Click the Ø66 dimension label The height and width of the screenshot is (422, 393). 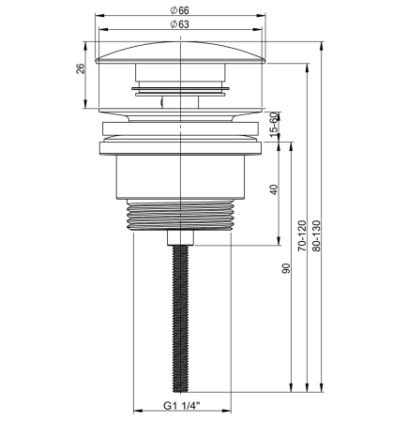(180, 10)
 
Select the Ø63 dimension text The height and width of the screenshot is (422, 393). (180, 24)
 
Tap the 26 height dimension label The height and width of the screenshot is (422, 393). (81, 68)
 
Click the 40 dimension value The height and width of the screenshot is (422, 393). (274, 189)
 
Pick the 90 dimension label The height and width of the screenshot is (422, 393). (286, 268)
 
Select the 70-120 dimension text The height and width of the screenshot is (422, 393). (302, 235)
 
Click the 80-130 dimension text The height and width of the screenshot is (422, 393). (316, 235)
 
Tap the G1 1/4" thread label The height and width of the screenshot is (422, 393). (182, 406)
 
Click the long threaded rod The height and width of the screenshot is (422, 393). (181, 318)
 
